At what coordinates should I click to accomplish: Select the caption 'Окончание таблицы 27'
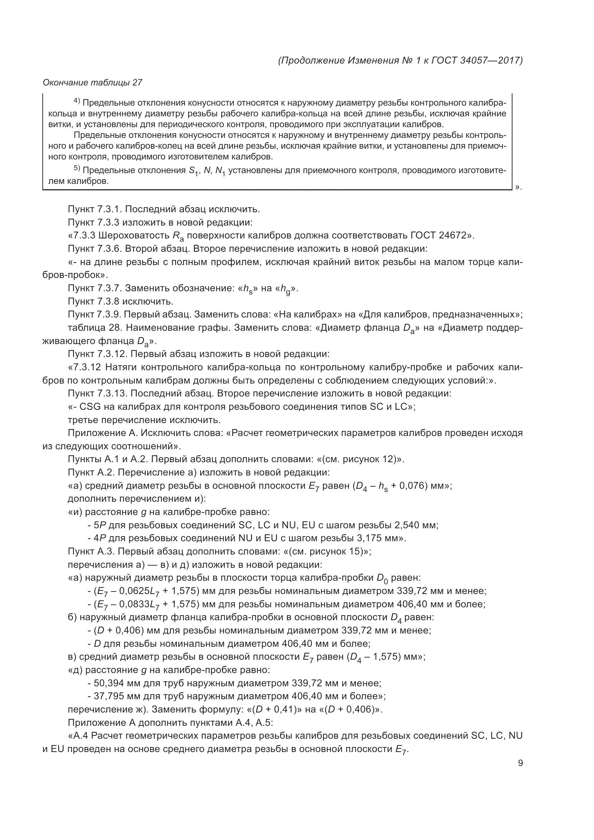click(92, 83)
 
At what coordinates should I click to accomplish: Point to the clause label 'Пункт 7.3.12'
click(99, 354)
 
